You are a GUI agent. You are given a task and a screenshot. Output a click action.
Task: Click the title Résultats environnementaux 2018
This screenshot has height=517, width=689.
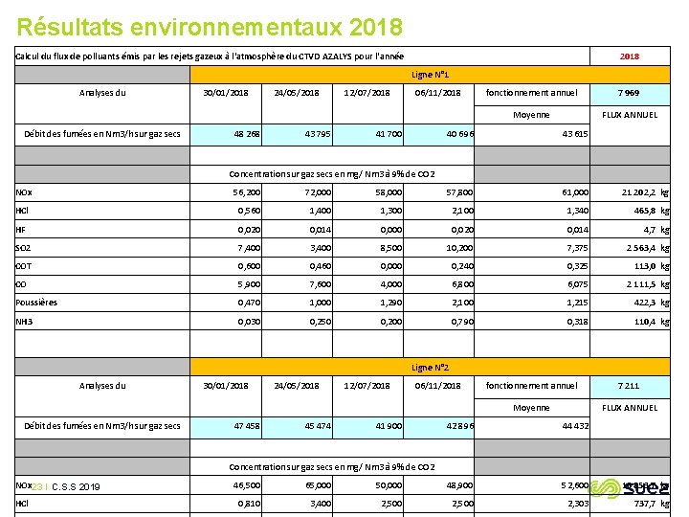[x=210, y=26]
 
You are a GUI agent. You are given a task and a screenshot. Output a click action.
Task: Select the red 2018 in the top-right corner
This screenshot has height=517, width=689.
[x=629, y=56]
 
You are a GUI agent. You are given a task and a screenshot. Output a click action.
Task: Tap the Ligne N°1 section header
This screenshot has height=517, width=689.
[x=431, y=74]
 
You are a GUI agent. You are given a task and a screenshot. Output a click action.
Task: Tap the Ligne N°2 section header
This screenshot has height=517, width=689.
[x=431, y=368]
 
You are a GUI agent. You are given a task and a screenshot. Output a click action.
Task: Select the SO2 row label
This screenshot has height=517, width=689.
[x=23, y=248]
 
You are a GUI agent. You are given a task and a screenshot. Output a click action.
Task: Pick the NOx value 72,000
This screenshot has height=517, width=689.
[x=303, y=192]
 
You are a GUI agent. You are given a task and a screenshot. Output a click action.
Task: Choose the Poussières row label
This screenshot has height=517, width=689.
[x=36, y=303]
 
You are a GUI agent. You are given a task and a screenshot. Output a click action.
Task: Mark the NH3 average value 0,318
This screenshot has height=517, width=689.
[x=576, y=322]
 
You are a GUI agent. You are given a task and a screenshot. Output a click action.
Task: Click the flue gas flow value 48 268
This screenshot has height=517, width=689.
[x=246, y=133]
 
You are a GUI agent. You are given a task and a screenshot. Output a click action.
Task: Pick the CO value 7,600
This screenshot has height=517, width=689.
[x=303, y=284]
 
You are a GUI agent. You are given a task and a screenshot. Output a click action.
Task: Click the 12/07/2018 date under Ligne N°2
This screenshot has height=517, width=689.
[x=367, y=386]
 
